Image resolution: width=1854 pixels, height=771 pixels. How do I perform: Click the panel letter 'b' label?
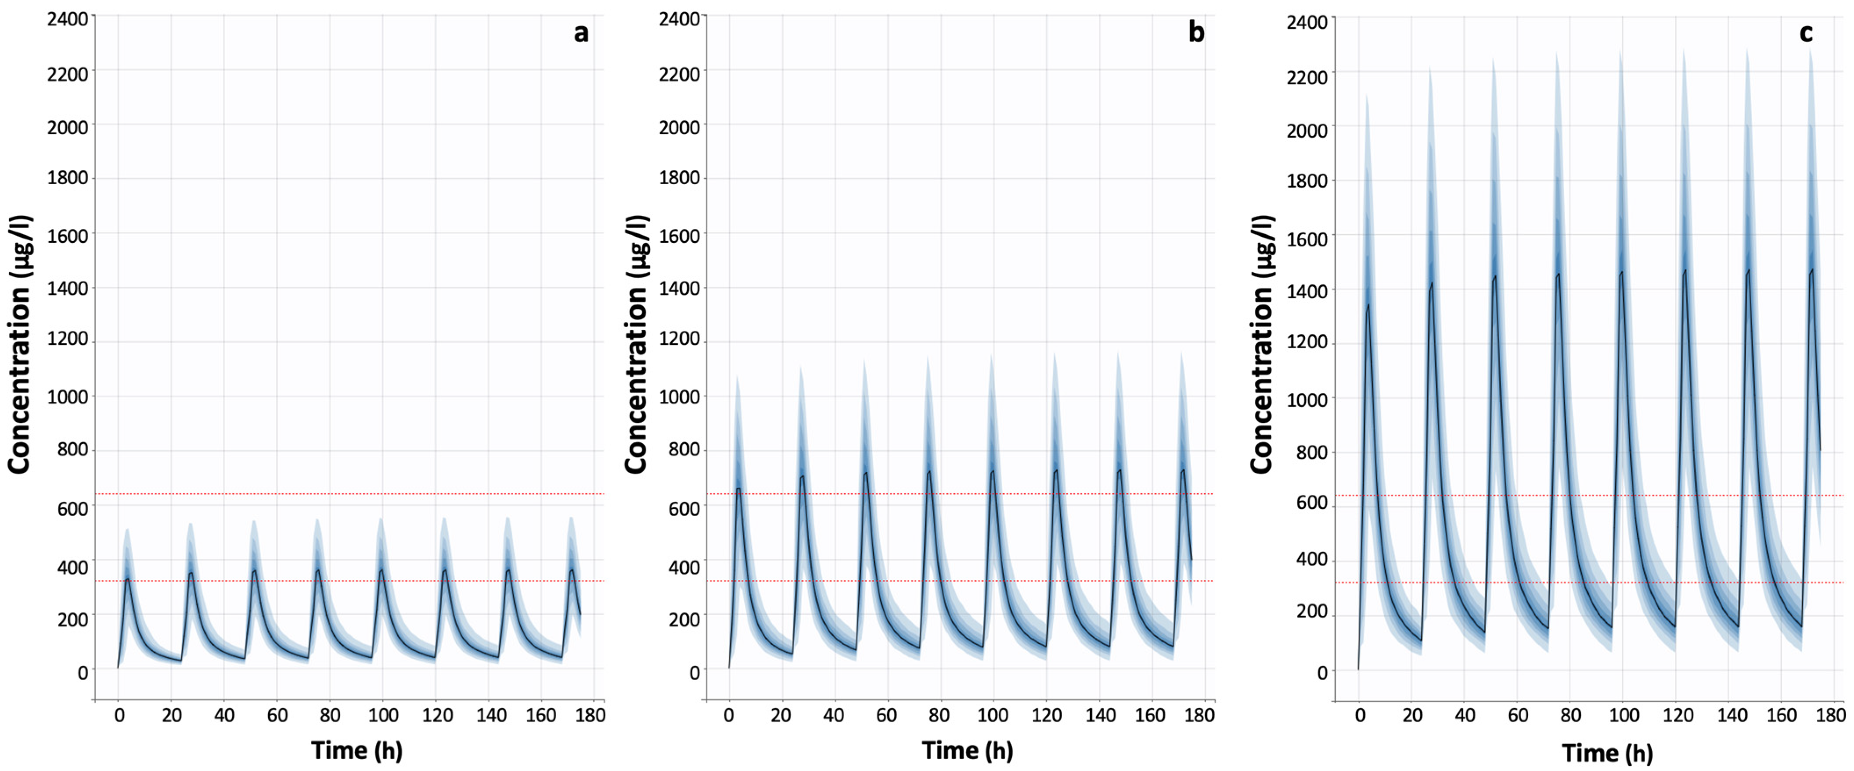click(x=1196, y=32)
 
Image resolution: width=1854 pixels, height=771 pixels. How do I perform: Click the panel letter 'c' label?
click(x=1806, y=33)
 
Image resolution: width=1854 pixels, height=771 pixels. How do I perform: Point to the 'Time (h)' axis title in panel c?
click(x=1607, y=752)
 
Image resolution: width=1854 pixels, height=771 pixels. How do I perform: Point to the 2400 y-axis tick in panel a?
click(x=68, y=19)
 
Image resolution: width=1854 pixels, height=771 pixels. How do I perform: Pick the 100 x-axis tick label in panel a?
click(x=383, y=715)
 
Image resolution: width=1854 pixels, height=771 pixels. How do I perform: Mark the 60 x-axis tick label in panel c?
click(x=1518, y=715)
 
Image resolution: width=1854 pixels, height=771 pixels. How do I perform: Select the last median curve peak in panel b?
click(x=1182, y=471)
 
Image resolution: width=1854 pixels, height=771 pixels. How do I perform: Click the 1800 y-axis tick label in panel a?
click(x=68, y=178)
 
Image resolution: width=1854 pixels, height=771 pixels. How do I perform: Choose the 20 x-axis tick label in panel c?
click(x=1412, y=715)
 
